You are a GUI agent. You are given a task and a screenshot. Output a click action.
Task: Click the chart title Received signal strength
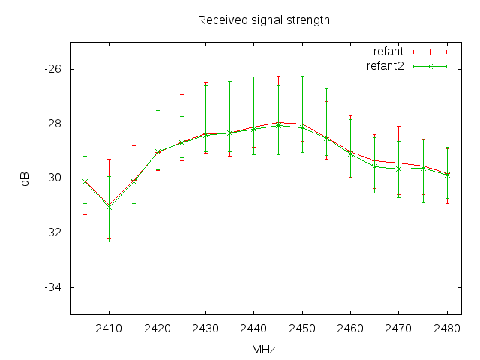pos(263,19)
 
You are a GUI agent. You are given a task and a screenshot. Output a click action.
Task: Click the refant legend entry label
pos(388,52)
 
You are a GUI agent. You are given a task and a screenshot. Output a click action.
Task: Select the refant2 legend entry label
pos(385,66)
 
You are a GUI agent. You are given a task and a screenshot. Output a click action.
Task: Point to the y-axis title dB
pos(25,178)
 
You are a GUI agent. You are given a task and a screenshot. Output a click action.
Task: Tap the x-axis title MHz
pos(263,349)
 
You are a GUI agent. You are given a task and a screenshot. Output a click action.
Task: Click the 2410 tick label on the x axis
pos(109,328)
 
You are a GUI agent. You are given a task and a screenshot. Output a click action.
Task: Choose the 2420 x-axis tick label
pos(157,328)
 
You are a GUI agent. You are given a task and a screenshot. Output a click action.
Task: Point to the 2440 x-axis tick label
pos(254,328)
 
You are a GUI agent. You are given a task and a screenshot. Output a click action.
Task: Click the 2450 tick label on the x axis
pos(302,328)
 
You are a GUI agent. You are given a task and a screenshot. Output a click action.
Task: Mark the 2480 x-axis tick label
pos(447,328)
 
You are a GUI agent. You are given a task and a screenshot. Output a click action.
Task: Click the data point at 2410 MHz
pos(109,206)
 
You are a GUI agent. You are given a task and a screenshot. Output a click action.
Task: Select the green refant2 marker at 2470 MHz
pos(399,169)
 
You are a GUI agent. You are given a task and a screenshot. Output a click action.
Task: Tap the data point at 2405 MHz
pos(85,181)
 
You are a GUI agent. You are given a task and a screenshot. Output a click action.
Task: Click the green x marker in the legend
pos(429,66)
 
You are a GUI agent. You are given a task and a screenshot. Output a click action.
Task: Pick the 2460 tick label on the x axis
pos(350,328)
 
